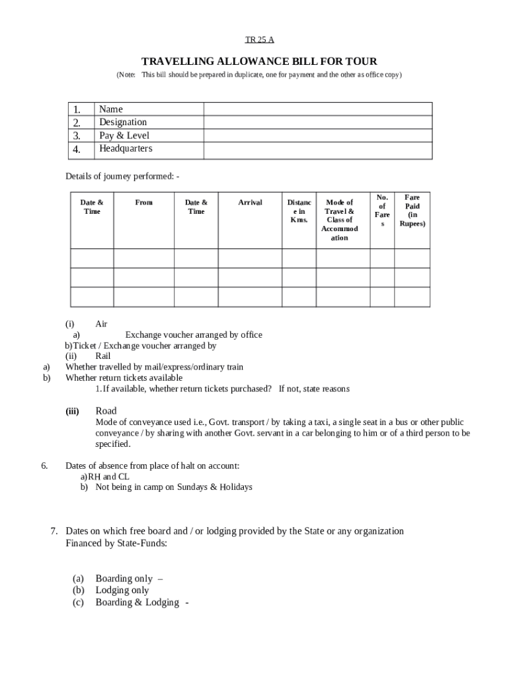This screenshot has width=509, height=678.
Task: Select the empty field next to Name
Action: point(317,109)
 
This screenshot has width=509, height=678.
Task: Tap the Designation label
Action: point(123,122)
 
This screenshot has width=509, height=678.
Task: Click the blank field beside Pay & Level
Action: point(317,136)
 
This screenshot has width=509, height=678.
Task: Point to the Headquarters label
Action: point(126,149)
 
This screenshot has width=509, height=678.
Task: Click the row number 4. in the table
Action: point(77,150)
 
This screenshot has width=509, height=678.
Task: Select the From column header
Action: point(143,203)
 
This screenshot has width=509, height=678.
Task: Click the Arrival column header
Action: point(250,203)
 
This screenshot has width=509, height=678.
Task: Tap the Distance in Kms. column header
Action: point(299,211)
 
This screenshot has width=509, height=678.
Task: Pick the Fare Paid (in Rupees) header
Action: point(412,211)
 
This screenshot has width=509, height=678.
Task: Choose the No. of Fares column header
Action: point(382,211)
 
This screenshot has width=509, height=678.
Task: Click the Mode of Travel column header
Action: point(339,220)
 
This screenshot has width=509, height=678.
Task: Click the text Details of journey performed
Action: point(122,176)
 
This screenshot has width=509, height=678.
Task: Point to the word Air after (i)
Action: point(101,324)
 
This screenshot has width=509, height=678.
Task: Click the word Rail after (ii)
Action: point(103,356)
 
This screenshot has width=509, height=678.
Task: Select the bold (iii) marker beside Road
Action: point(72,411)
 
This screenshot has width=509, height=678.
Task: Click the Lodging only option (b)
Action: point(122,591)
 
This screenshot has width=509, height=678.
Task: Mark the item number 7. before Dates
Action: point(56,531)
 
